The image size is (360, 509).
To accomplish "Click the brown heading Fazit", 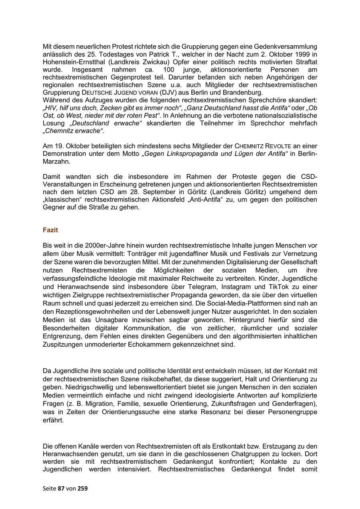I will (x=50, y=230).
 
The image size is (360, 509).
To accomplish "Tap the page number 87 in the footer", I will (x=61, y=488).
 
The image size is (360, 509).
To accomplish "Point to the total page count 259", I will (x=83, y=488).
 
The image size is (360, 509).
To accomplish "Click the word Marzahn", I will (x=55, y=162).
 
